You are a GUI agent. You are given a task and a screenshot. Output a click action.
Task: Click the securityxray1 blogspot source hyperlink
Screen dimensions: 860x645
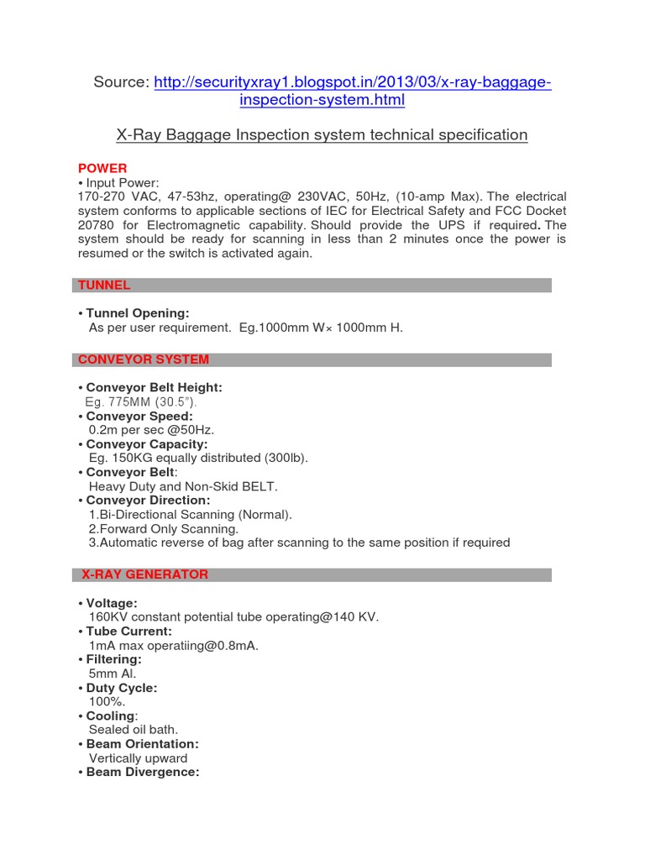coord(353,82)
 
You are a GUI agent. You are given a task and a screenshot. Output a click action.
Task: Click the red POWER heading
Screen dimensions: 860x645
coord(102,168)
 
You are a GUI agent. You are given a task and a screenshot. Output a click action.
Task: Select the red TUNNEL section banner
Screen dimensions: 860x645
coord(104,286)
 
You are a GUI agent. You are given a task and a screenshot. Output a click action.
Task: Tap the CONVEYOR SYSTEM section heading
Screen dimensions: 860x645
coord(144,359)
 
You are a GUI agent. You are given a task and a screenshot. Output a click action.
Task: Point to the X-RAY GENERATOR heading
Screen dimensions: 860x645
coord(144,574)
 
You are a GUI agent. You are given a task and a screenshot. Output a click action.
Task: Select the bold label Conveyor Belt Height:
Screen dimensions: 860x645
coord(154,387)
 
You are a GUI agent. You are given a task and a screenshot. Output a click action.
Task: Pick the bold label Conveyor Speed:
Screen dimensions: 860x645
coord(139,416)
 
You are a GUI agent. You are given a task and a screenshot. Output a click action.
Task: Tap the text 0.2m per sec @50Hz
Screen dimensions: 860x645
coord(140,430)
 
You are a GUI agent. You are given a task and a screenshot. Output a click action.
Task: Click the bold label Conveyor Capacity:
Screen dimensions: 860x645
coord(147,443)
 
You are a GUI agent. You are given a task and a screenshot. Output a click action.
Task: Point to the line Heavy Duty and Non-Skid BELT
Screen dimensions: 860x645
coord(182,486)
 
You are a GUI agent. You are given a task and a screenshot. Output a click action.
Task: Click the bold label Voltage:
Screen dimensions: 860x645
coord(112,603)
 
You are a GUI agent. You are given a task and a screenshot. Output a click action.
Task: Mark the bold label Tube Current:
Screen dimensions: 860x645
coord(129,631)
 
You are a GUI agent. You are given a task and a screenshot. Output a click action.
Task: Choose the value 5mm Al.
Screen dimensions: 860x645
coord(112,674)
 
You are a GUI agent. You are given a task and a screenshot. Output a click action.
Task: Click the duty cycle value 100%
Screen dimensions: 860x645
coord(107,701)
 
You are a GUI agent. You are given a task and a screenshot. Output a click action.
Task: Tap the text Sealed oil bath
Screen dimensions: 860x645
coord(134,730)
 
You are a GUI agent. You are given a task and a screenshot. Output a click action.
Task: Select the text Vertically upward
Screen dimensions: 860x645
coord(138,758)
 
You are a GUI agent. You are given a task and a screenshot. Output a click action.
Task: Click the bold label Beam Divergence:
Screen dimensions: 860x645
coord(143,772)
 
